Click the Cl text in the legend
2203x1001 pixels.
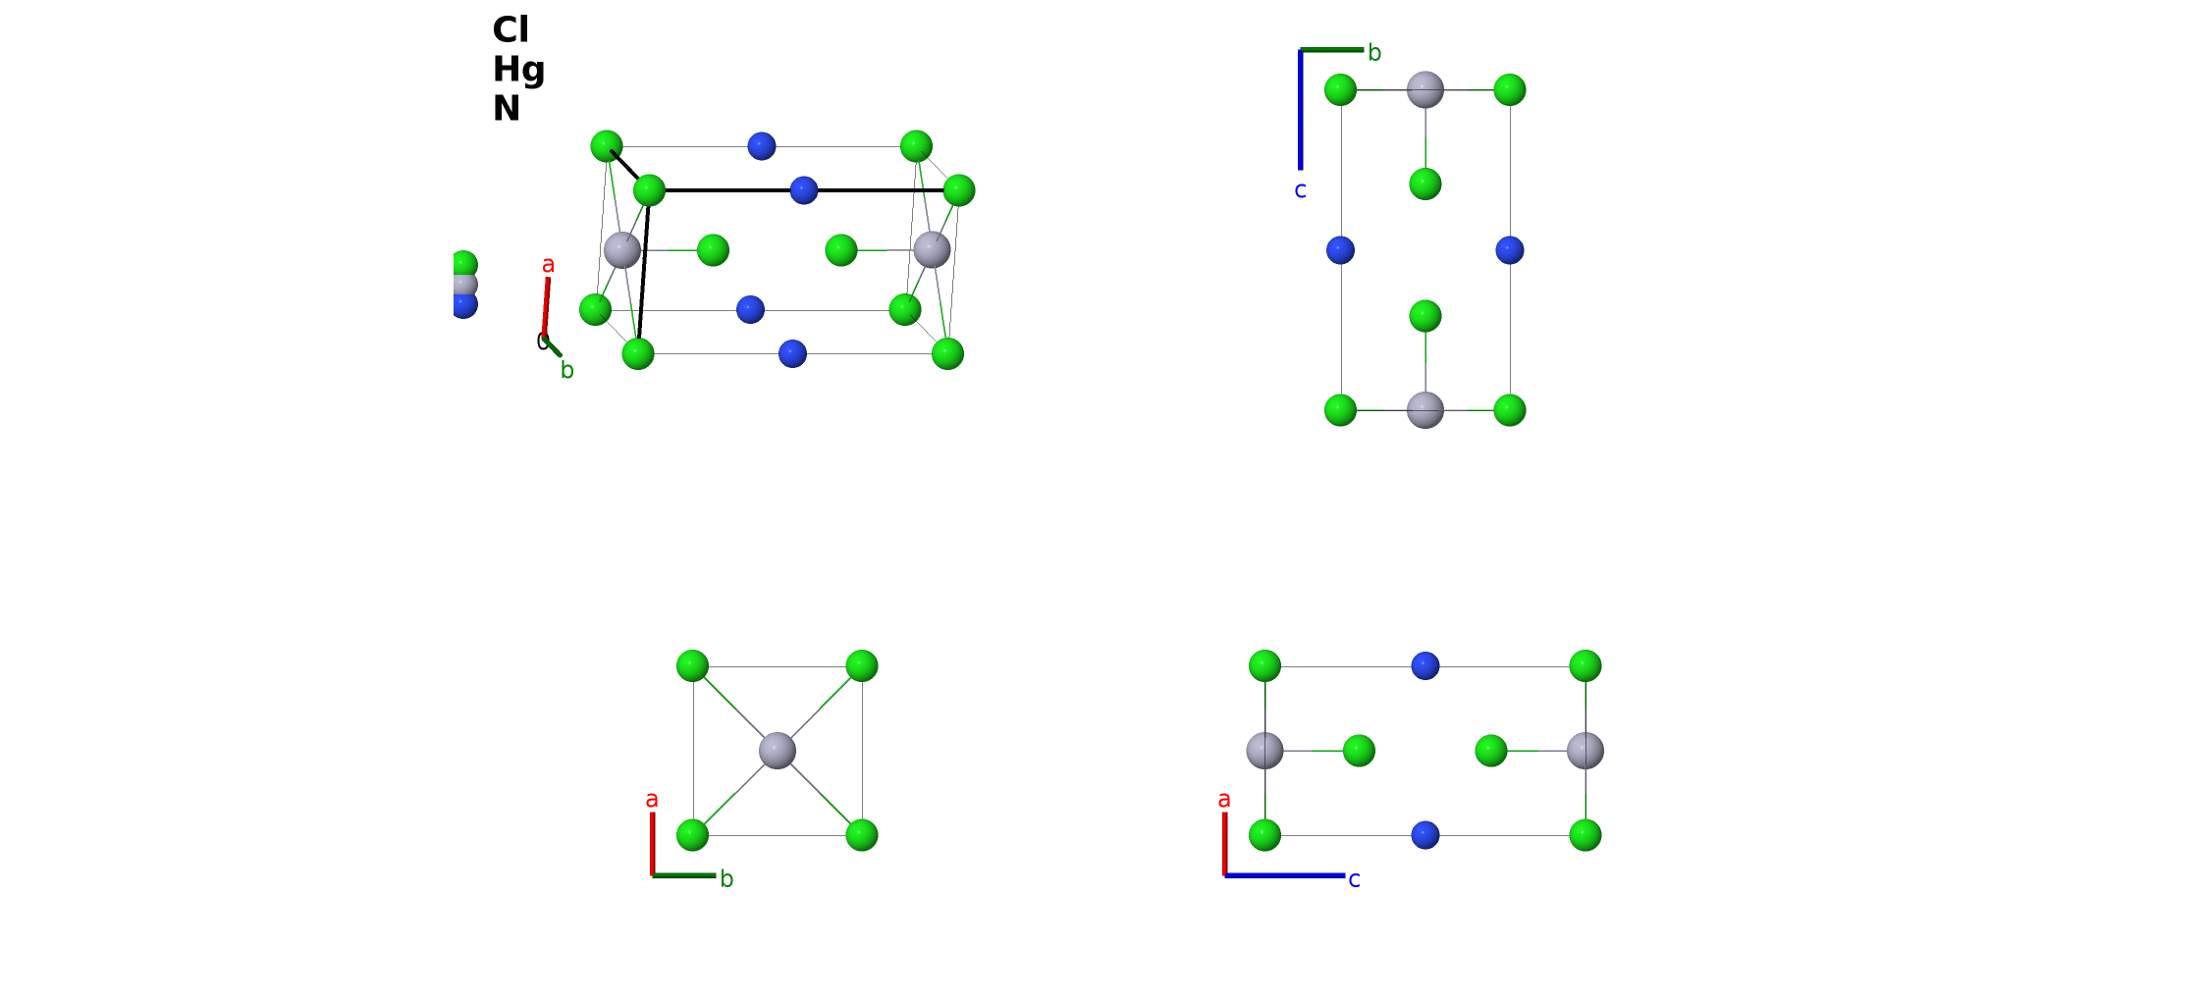tap(510, 29)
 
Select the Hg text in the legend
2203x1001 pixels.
tap(518, 70)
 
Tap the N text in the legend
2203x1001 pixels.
tap(506, 108)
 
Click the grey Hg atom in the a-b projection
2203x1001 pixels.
tap(778, 751)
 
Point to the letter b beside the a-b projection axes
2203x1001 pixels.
tap(726, 878)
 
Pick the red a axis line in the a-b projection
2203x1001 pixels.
tap(653, 843)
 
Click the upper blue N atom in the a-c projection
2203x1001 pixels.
tap(1425, 665)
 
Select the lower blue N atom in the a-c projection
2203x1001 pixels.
tap(1425, 835)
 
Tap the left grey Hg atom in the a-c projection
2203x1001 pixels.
tap(1265, 751)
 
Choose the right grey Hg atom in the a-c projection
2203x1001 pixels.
tap(1585, 751)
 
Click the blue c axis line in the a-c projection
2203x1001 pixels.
tap(1284, 874)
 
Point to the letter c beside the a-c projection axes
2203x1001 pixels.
tap(1355, 879)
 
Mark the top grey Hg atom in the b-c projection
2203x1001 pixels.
tap(1425, 90)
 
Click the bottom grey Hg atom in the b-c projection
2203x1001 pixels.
tap(1425, 410)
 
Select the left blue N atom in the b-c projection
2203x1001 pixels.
tap(1341, 250)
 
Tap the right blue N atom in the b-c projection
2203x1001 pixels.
tap(1510, 250)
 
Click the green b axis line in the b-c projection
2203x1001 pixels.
tap(1332, 49)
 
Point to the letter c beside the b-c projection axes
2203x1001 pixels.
tap(1301, 190)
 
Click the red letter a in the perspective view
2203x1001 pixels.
tap(549, 265)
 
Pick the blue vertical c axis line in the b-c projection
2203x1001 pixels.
tap(1301, 109)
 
